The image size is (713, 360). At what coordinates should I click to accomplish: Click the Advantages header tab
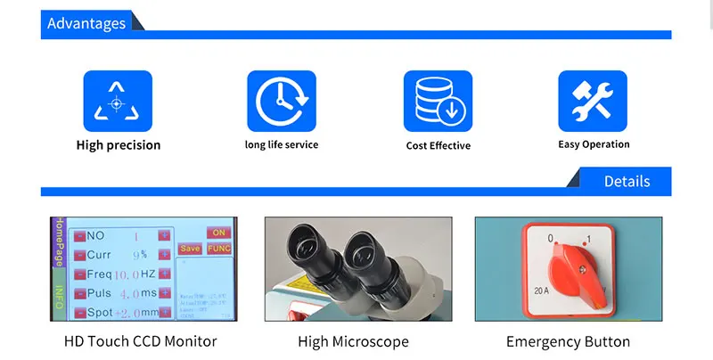click(x=86, y=24)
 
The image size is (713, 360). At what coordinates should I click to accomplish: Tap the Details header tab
click(x=627, y=181)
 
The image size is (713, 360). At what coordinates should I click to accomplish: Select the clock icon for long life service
click(x=281, y=102)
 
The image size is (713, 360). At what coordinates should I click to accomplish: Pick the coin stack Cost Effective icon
click(x=438, y=102)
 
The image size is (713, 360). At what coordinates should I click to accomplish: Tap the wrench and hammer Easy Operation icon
click(x=593, y=102)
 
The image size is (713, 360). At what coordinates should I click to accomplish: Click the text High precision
click(x=119, y=145)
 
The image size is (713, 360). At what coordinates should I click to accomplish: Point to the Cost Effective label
click(x=438, y=145)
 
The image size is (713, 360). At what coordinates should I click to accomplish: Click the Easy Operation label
click(x=594, y=144)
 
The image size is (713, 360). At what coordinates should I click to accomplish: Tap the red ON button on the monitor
click(x=218, y=232)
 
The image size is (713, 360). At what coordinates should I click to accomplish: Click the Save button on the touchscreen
click(x=190, y=249)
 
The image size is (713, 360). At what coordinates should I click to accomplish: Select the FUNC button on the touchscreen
click(x=218, y=249)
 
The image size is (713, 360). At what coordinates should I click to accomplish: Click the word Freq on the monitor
click(x=99, y=274)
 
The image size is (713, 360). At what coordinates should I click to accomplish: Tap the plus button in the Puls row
click(x=165, y=292)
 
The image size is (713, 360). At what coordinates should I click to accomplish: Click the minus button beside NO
click(x=79, y=235)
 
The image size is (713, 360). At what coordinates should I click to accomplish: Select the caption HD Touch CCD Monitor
click(x=140, y=341)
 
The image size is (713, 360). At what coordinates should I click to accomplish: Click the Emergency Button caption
click(x=568, y=341)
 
